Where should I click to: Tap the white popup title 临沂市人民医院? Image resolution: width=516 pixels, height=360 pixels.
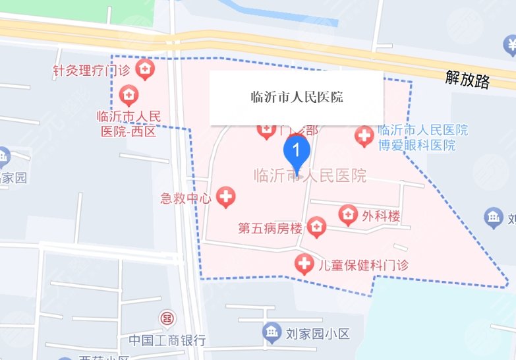(x=297, y=98)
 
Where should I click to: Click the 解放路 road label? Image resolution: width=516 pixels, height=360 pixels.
(x=467, y=80)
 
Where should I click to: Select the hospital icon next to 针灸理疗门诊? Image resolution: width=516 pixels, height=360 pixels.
(x=144, y=68)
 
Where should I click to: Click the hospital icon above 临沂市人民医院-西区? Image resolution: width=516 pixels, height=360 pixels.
(x=129, y=96)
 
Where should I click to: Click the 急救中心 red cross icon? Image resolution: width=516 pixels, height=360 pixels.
(x=226, y=196)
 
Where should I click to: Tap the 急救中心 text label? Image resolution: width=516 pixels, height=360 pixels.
(x=185, y=197)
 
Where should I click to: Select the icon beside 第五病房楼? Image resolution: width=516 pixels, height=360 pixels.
(x=317, y=228)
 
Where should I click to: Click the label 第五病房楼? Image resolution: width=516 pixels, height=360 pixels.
(x=270, y=229)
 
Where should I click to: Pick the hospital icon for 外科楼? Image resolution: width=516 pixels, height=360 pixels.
(x=347, y=214)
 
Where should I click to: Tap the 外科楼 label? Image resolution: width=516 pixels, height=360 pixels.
(x=381, y=215)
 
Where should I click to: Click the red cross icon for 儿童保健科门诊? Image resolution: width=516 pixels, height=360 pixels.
(x=303, y=264)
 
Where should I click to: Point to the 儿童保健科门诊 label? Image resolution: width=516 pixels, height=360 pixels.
(x=363, y=265)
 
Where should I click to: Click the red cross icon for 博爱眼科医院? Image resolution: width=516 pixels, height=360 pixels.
(x=364, y=136)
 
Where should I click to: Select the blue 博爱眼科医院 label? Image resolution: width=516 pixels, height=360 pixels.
(x=422, y=137)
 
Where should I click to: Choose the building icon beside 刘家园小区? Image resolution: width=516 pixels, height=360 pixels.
(x=271, y=333)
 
